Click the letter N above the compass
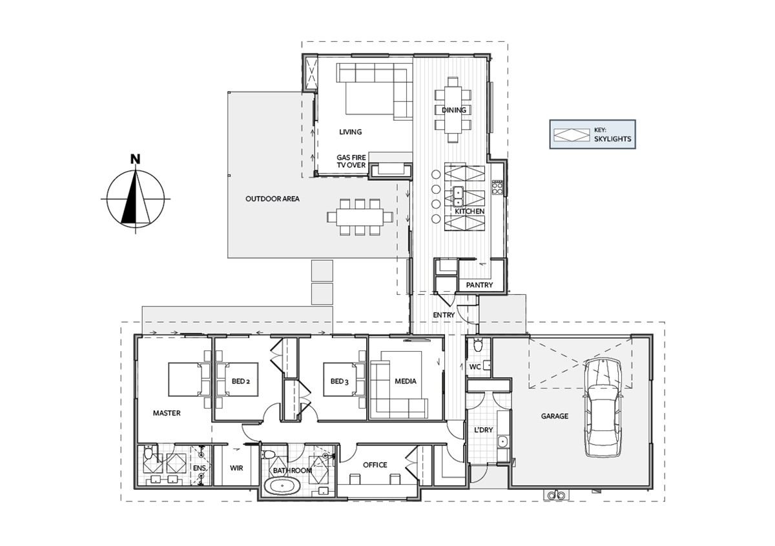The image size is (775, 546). tap(135, 159)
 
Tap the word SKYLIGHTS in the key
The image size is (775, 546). tap(612, 139)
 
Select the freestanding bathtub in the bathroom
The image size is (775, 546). tap(282, 486)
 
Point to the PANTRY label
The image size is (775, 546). tap(479, 285)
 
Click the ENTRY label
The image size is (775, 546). tap(444, 315)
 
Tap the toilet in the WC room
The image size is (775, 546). tap(478, 345)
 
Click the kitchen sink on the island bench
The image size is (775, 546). tap(459, 196)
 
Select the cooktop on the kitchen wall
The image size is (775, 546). tap(497, 187)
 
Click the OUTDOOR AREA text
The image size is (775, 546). tap(273, 199)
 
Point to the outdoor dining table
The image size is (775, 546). tap(360, 217)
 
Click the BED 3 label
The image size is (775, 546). tap(339, 381)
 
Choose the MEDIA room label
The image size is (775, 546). tap(406, 381)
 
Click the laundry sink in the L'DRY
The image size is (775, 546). tap(502, 441)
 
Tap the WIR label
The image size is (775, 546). tap(236, 468)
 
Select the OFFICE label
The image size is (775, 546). tap(375, 465)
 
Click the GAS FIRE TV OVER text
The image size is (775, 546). tap(351, 161)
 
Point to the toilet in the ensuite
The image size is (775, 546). tap(148, 452)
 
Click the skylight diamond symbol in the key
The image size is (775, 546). tap(572, 135)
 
